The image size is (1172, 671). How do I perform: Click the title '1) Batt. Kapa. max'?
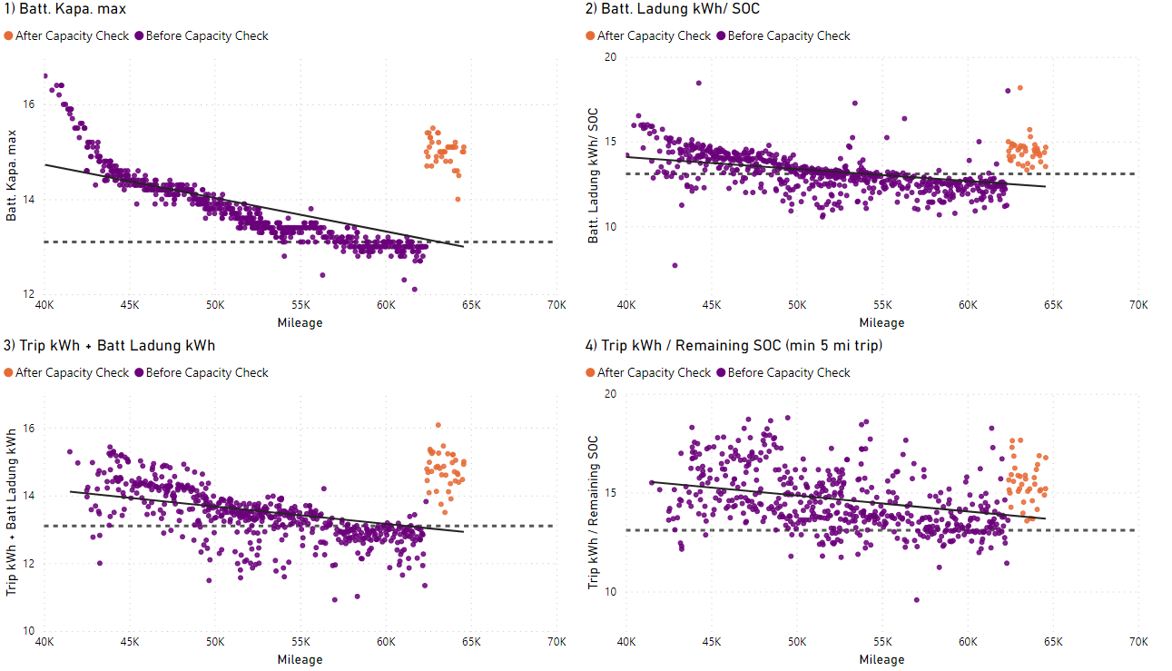coord(64,10)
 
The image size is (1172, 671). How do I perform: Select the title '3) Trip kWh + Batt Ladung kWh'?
coord(110,345)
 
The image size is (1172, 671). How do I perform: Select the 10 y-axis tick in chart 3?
coord(29,631)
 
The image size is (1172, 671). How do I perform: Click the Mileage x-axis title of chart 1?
coord(300,322)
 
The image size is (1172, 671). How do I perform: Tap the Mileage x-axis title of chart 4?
coord(881,659)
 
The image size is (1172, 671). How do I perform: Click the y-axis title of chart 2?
coord(593,175)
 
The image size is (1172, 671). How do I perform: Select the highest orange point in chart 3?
coord(438,425)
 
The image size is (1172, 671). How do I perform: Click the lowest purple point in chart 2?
coord(675,265)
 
